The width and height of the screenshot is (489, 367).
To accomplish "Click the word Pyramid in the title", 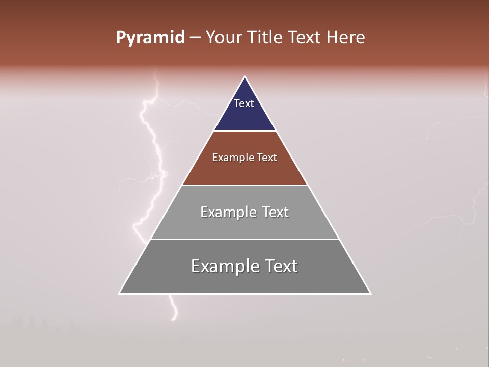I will [150, 38].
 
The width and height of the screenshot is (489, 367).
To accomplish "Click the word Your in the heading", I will [223, 38].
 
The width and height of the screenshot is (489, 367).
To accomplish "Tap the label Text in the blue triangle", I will [243, 103].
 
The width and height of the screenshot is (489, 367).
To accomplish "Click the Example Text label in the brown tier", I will [244, 158].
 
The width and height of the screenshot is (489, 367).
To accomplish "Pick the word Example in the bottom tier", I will [224, 266].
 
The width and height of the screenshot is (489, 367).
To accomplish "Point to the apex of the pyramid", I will [245, 77].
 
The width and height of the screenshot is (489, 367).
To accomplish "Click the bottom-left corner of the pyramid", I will [120, 293].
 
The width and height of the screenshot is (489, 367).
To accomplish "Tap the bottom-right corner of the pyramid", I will [370, 293].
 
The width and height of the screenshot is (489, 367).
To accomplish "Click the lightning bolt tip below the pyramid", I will [174, 319].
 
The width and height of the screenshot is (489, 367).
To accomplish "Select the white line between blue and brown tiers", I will [244, 131].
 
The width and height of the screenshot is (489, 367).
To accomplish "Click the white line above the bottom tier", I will [244, 239].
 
